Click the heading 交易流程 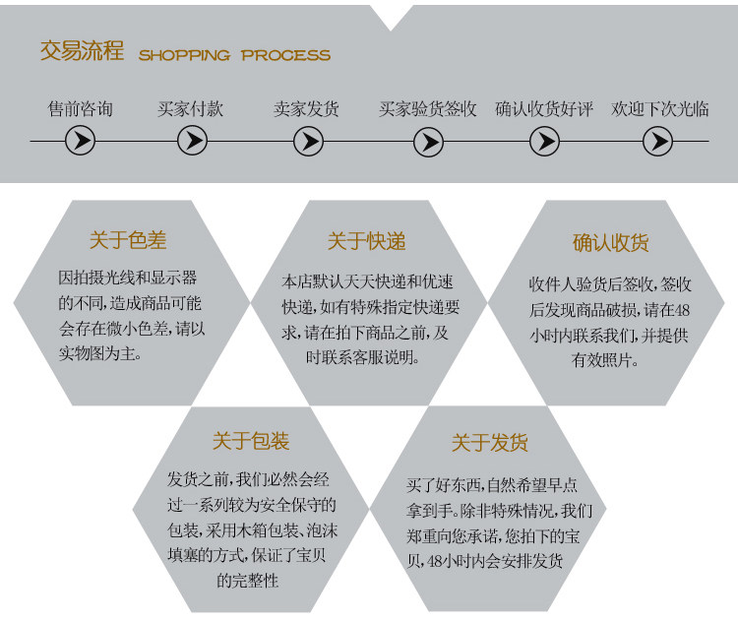click(x=82, y=51)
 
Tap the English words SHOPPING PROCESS click(x=234, y=55)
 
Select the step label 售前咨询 click(x=81, y=108)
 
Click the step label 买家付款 click(x=191, y=108)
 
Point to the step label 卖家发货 click(x=307, y=108)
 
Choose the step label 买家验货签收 click(x=428, y=108)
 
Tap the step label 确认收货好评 click(x=544, y=108)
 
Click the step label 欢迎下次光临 click(x=659, y=108)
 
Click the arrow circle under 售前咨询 click(x=80, y=142)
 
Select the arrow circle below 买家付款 click(x=192, y=142)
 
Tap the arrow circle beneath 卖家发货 click(x=308, y=142)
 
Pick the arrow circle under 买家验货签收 click(x=428, y=142)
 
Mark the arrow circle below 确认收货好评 click(x=544, y=142)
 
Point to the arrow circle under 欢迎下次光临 click(x=656, y=142)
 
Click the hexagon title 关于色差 click(x=128, y=241)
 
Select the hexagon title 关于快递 click(x=366, y=241)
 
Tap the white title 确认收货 click(x=611, y=243)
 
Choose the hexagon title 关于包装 click(x=251, y=441)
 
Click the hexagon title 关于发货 click(x=490, y=443)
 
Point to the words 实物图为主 click(x=104, y=351)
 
